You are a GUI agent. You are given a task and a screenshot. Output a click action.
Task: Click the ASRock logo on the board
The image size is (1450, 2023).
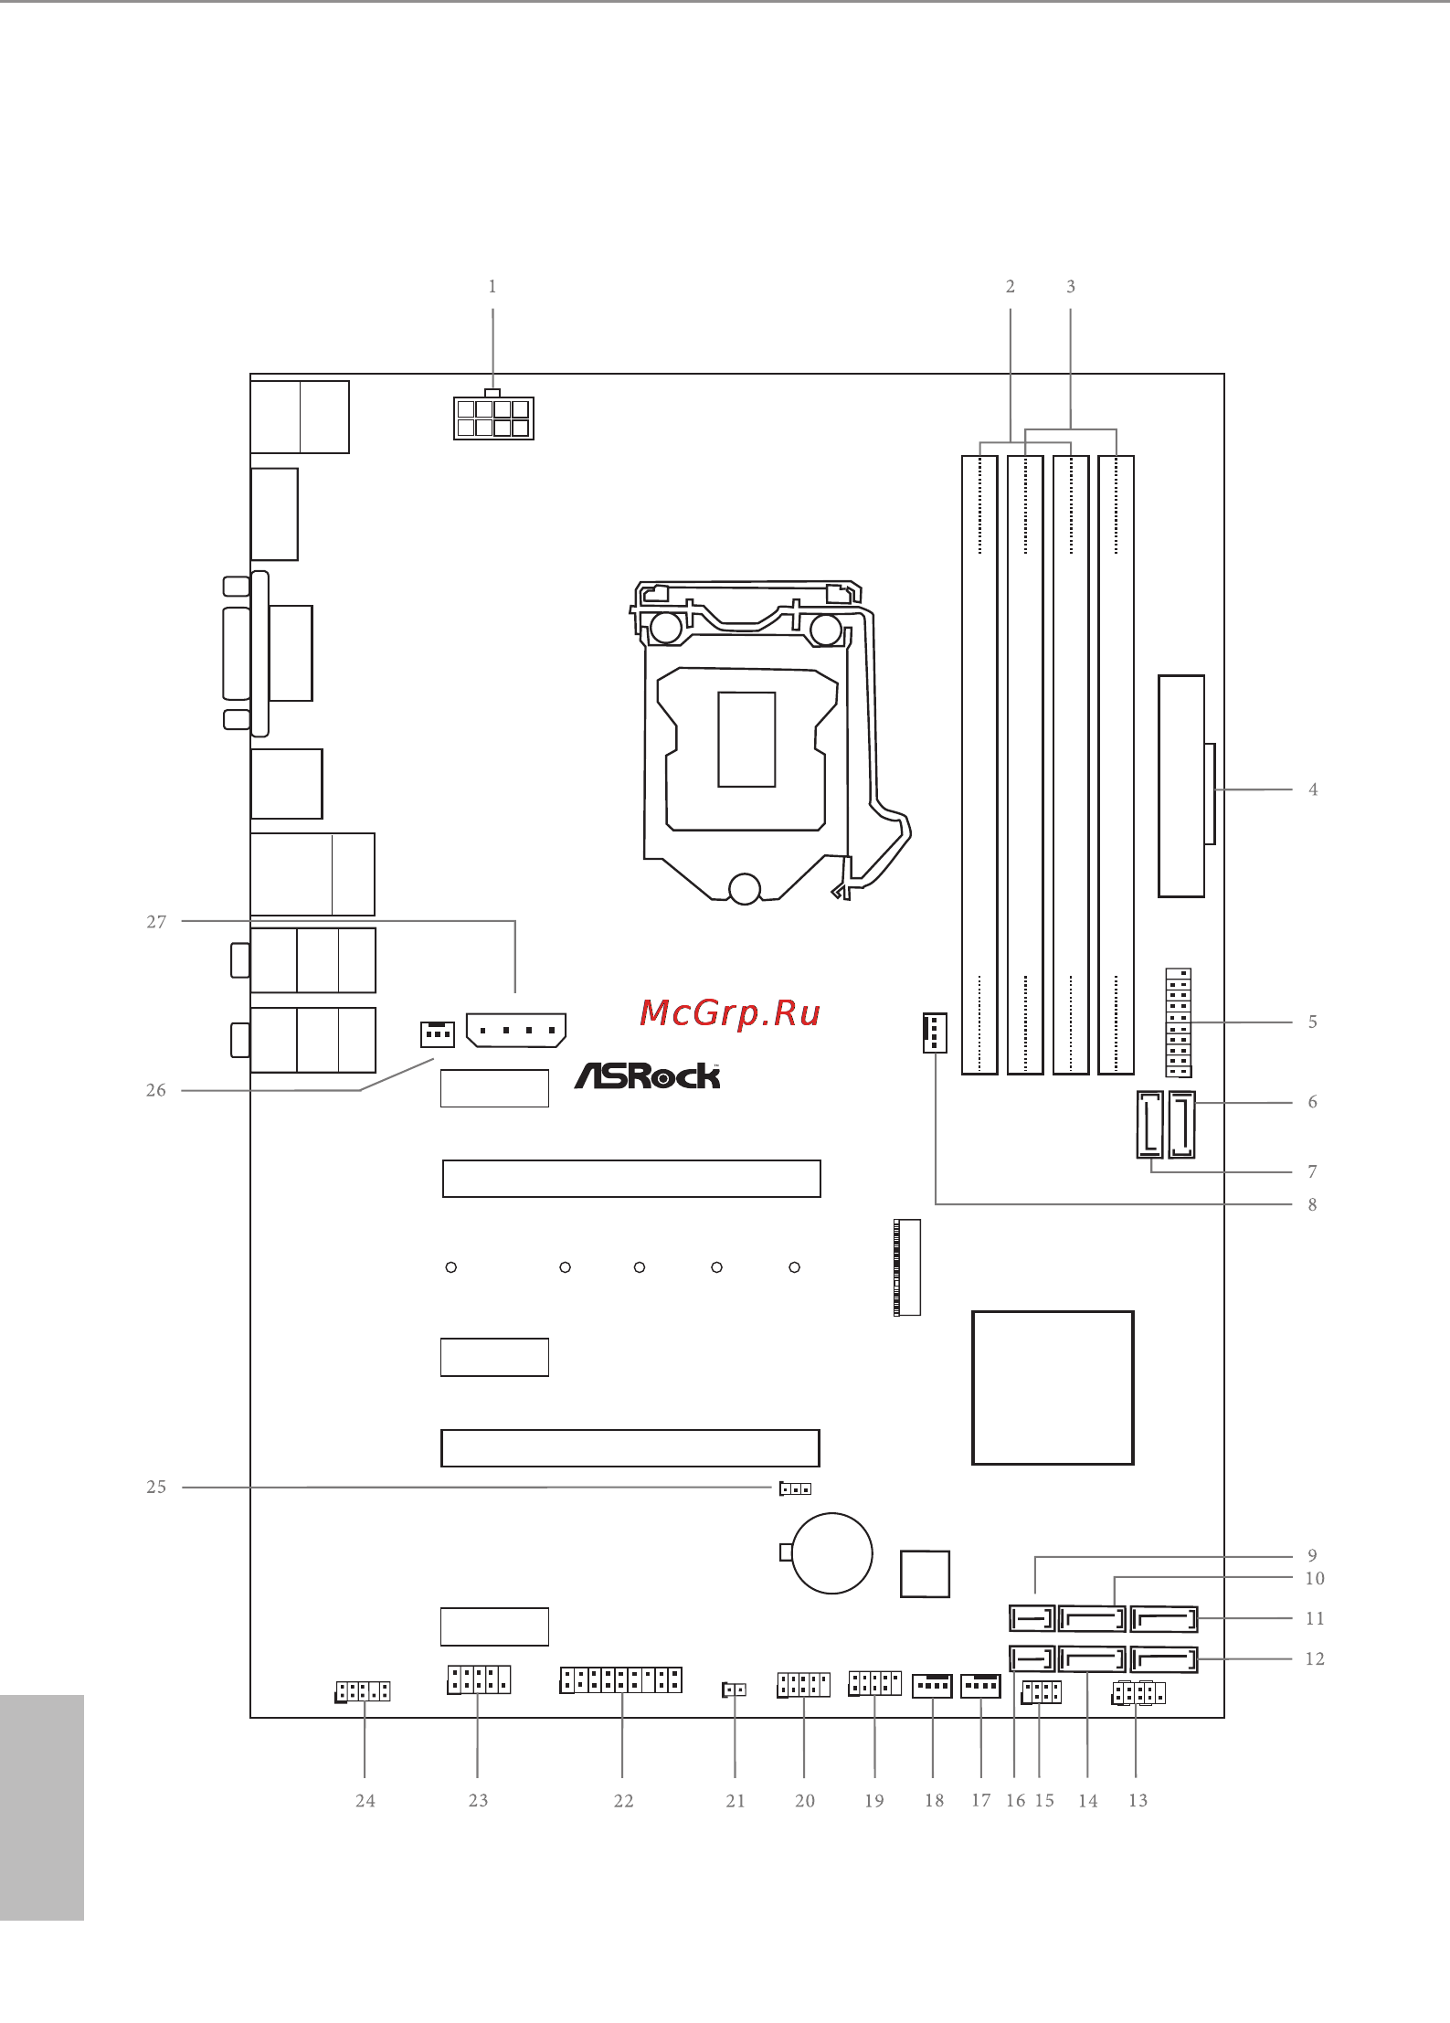pyautogui.click(x=647, y=1075)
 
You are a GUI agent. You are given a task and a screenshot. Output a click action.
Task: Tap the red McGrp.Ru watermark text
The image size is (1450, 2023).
pyautogui.click(x=729, y=1013)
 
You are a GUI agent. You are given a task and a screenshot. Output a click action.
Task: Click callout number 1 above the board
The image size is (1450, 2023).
pyautogui.click(x=492, y=287)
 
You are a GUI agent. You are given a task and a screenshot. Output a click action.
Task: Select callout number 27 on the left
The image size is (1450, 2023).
pyautogui.click(x=156, y=922)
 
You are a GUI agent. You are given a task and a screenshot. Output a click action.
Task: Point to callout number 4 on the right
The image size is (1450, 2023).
pyautogui.click(x=1313, y=789)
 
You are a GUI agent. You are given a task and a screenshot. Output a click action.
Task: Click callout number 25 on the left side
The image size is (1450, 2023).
pyautogui.click(x=156, y=1487)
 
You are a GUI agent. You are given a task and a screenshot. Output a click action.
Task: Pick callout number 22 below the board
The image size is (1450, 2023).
pyautogui.click(x=623, y=1800)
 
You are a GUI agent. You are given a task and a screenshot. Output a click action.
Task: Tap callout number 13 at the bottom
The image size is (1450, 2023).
pyautogui.click(x=1138, y=1800)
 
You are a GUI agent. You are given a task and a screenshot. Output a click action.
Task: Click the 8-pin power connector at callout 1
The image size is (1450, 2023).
pyautogui.click(x=493, y=417)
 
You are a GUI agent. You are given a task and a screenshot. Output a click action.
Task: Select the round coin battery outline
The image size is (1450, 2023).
pyautogui.click(x=831, y=1553)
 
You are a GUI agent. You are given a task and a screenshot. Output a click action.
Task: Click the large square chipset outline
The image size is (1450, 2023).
pyautogui.click(x=1053, y=1388)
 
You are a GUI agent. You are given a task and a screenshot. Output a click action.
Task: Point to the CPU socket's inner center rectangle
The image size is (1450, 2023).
pyautogui.click(x=746, y=739)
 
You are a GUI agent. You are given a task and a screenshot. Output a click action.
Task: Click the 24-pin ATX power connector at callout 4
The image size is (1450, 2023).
pyautogui.click(x=1186, y=786)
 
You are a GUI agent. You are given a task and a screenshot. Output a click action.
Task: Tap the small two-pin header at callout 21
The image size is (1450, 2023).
pyautogui.click(x=735, y=1689)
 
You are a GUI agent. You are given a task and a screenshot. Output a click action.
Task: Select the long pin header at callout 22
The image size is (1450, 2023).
pyautogui.click(x=621, y=1679)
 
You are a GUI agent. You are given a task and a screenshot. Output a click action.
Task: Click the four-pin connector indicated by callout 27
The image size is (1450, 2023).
pyautogui.click(x=516, y=1030)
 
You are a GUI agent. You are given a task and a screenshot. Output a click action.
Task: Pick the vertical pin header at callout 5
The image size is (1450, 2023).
pyautogui.click(x=1179, y=1023)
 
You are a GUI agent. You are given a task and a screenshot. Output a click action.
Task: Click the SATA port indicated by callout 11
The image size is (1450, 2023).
pyautogui.click(x=1164, y=1619)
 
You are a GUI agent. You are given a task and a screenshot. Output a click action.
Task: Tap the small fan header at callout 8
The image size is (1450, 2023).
pyautogui.click(x=935, y=1033)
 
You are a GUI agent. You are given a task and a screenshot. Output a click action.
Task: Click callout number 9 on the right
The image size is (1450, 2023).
pyautogui.click(x=1313, y=1555)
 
